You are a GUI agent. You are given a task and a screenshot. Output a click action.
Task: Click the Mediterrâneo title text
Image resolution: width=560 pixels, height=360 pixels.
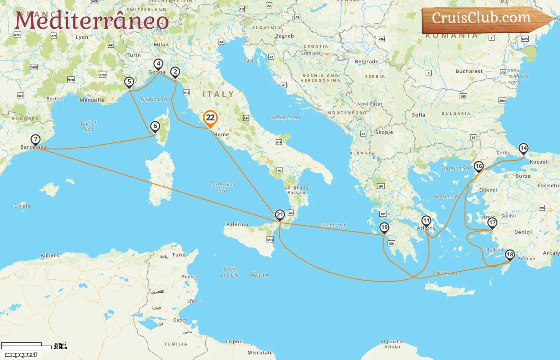coord(92,21)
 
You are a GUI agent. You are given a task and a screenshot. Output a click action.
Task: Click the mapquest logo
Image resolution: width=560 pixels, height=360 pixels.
coord(21,355)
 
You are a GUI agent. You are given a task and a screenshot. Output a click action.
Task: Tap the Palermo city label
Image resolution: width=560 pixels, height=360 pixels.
coord(237,224)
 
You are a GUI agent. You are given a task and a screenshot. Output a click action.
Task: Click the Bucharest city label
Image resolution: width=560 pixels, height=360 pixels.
coord(469,71)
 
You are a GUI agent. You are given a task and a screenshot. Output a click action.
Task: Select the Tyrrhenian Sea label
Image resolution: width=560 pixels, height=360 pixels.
coord(223,188)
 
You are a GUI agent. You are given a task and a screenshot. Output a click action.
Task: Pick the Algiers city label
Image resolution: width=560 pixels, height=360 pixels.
coord(50,256)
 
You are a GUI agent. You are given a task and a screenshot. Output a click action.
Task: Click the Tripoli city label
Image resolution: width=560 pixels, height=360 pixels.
coord(234,342)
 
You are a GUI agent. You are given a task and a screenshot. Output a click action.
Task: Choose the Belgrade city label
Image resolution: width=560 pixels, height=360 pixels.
coord(366,62)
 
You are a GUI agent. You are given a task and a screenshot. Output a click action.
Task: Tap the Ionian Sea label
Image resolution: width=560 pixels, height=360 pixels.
coord(333,225)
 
